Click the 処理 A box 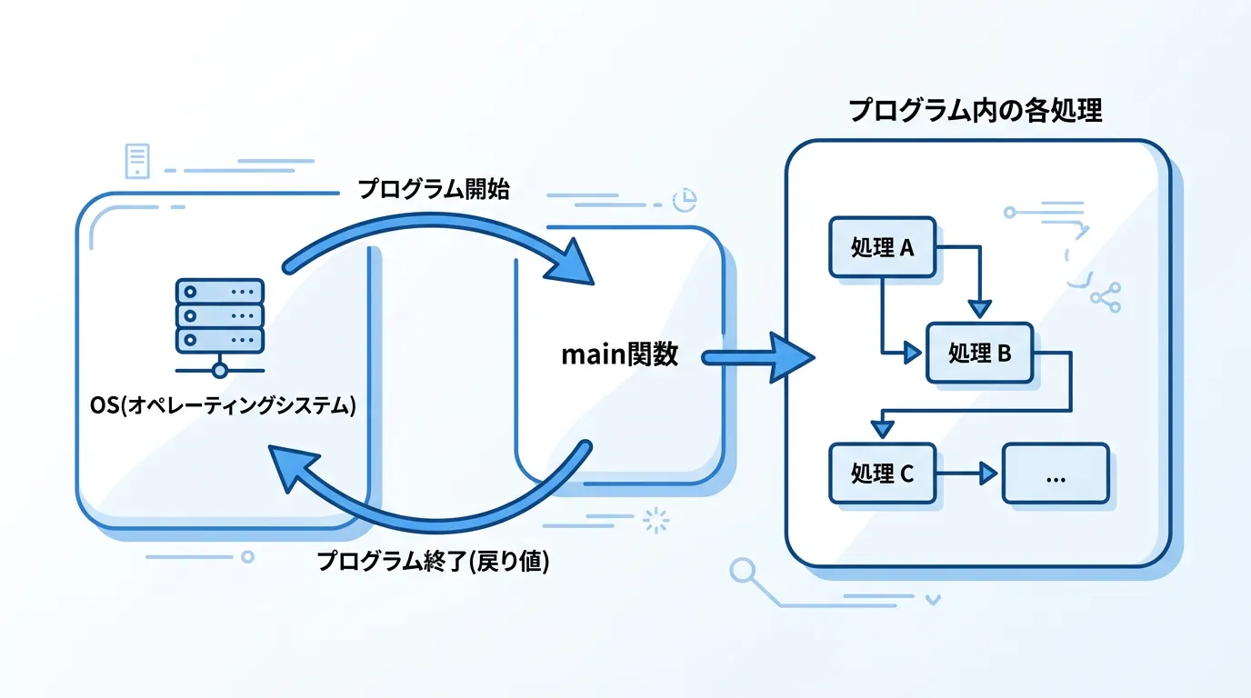(882, 246)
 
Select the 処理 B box (979, 353)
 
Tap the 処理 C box (882, 473)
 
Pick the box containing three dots (1055, 473)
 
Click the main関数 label (619, 354)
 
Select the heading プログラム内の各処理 (976, 111)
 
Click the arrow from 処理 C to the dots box (967, 473)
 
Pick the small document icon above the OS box (137, 160)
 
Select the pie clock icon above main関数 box (683, 199)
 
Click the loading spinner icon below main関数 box (655, 520)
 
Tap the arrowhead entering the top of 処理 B (978, 309)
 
